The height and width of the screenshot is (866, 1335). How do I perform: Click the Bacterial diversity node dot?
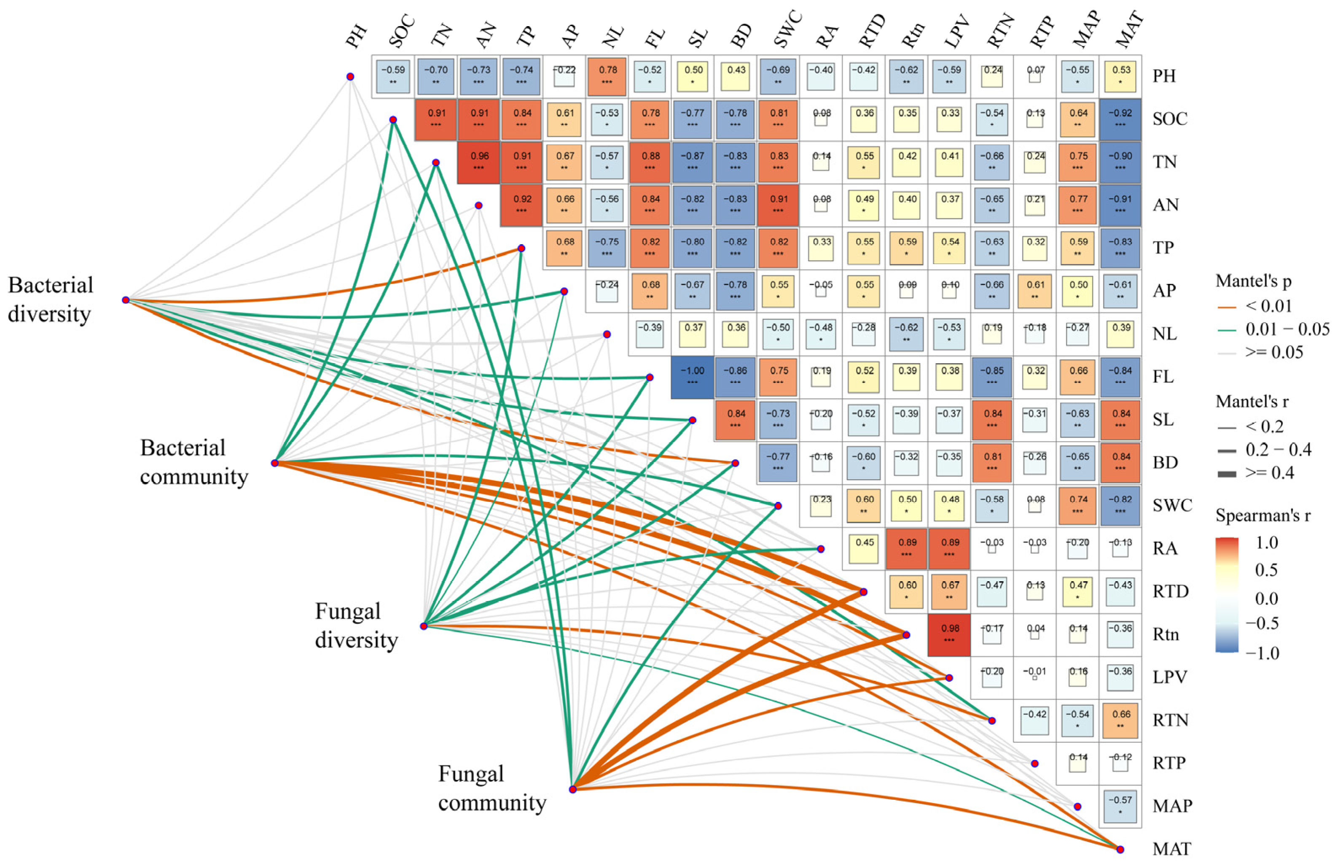click(126, 300)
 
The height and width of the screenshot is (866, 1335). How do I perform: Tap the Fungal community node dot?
click(573, 789)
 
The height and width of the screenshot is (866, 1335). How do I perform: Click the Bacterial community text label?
click(193, 462)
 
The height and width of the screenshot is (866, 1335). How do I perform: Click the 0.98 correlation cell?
click(949, 634)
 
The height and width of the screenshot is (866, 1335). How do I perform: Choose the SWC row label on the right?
click(1172, 505)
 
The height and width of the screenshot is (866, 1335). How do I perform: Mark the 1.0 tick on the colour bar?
click(1267, 543)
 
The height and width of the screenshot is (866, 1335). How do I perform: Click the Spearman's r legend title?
click(1262, 515)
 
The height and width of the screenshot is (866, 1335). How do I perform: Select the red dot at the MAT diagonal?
click(1120, 849)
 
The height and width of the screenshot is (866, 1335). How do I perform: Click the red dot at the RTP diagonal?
click(1035, 763)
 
